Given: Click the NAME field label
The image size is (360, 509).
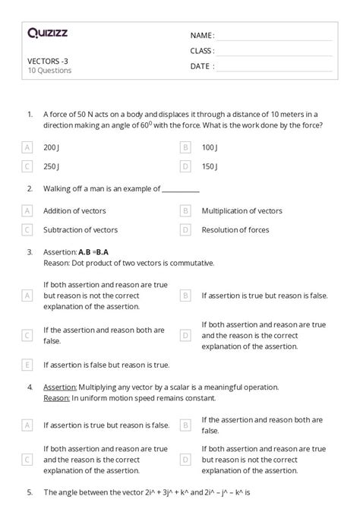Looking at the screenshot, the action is (x=202, y=36).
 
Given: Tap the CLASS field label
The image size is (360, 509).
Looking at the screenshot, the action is (x=202, y=51).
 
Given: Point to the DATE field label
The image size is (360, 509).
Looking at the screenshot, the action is (x=202, y=66).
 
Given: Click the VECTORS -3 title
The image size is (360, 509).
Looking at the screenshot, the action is (x=47, y=61).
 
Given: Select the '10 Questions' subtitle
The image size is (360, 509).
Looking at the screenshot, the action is (x=49, y=71).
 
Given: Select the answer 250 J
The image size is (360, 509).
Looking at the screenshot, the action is (x=51, y=166).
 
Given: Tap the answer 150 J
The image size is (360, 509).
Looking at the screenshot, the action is (x=210, y=166).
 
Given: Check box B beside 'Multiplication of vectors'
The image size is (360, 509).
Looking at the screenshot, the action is (x=185, y=210).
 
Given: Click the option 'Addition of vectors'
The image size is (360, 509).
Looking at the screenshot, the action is (x=74, y=210).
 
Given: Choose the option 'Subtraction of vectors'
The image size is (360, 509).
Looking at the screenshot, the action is (x=79, y=229).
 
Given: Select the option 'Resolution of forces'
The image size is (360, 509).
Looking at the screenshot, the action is (x=235, y=229).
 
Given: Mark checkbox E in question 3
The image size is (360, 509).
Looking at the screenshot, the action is (x=28, y=365).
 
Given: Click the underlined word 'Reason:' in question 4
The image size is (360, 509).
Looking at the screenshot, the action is (x=56, y=397).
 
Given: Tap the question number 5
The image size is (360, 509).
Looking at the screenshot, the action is (x=30, y=492).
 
